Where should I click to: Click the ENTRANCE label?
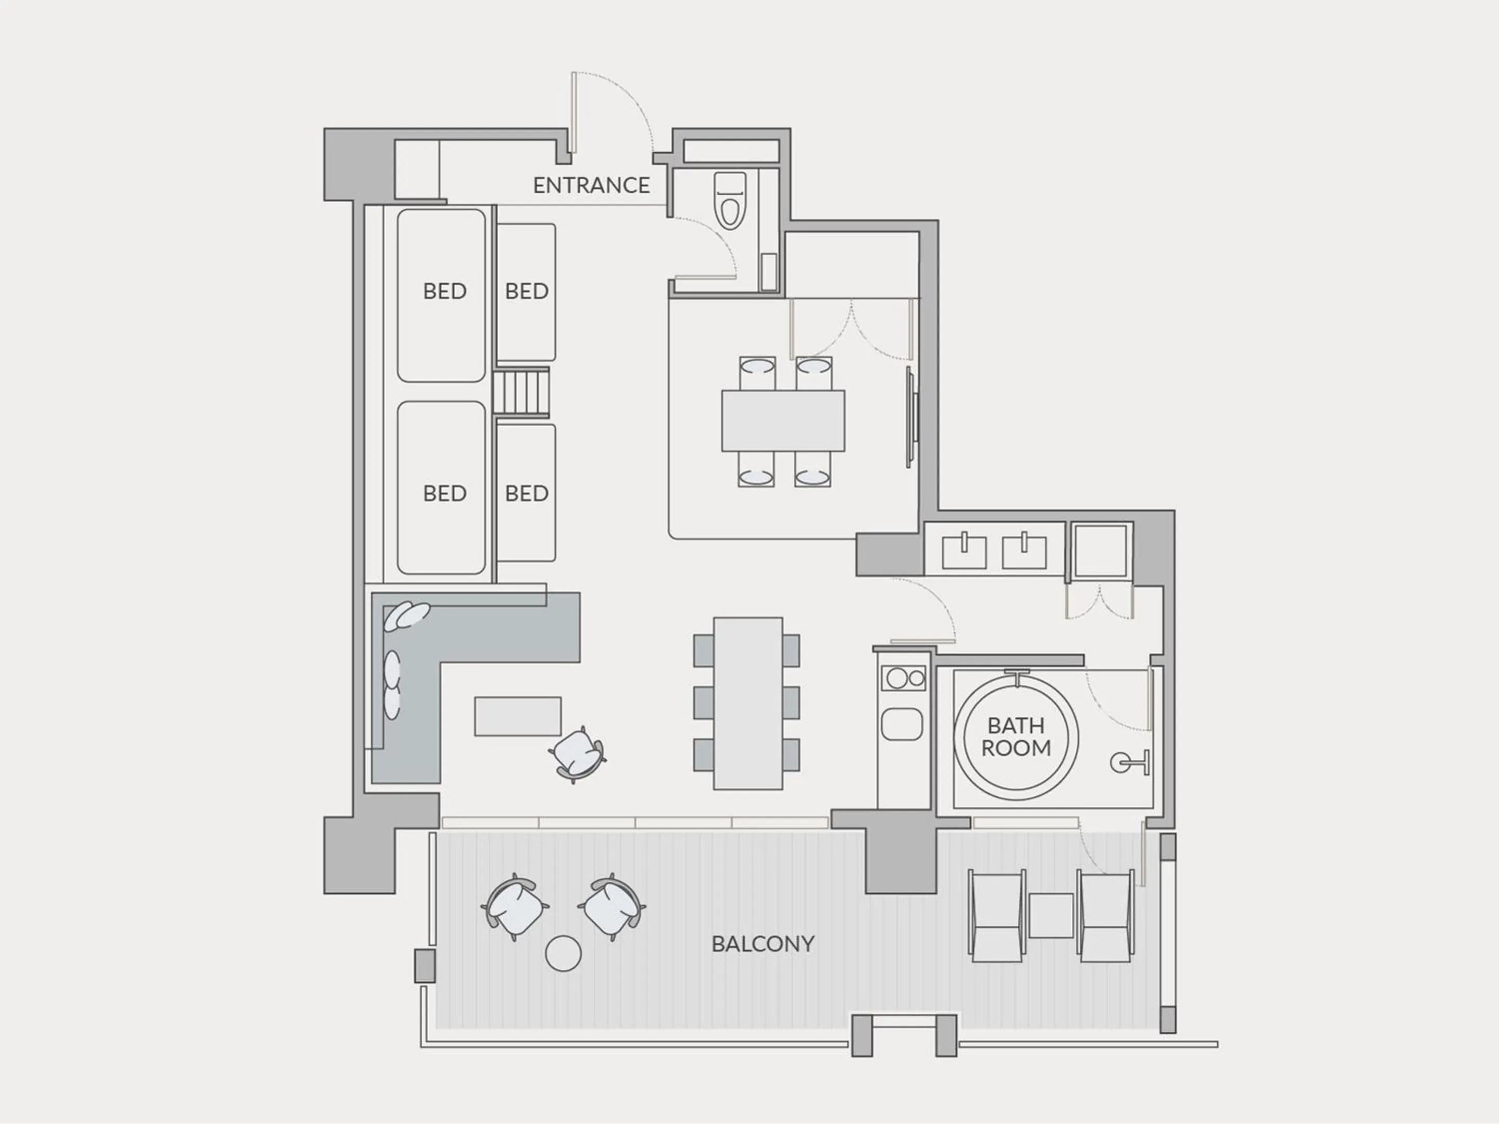pyautogui.click(x=591, y=185)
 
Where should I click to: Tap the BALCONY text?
pyautogui.click(x=763, y=944)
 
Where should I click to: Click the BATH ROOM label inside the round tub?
pyautogui.click(x=1016, y=737)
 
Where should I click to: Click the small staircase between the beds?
pyautogui.click(x=520, y=392)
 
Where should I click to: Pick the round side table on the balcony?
pyautogui.click(x=563, y=954)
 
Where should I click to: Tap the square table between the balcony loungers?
pyautogui.click(x=1050, y=915)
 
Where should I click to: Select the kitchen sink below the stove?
pyautogui.click(x=901, y=724)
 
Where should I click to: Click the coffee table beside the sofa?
pyautogui.click(x=518, y=716)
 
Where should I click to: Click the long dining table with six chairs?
pyautogui.click(x=747, y=703)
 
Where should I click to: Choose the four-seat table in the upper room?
pyautogui.click(x=783, y=421)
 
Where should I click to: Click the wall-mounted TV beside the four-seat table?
pyautogui.click(x=911, y=418)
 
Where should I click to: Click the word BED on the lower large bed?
pyautogui.click(x=444, y=493)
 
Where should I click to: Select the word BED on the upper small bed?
pyautogui.click(x=527, y=291)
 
